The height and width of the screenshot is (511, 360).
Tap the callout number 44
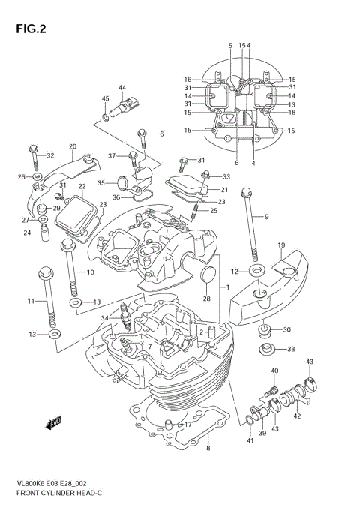click(x=121, y=88)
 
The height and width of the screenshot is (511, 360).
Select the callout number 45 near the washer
click(x=105, y=99)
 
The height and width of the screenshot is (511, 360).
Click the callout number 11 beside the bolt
click(x=31, y=301)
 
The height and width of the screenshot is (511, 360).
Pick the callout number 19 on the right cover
click(x=281, y=246)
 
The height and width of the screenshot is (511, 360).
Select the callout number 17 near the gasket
click(x=188, y=425)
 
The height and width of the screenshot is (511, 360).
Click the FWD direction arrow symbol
click(x=55, y=425)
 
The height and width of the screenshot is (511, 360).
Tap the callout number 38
click(x=292, y=349)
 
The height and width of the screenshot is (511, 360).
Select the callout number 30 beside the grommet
click(x=288, y=329)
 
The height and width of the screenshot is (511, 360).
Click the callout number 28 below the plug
click(x=207, y=299)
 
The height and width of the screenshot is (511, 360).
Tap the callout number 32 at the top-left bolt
click(x=51, y=155)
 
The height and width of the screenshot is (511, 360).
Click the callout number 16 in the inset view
click(x=188, y=79)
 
